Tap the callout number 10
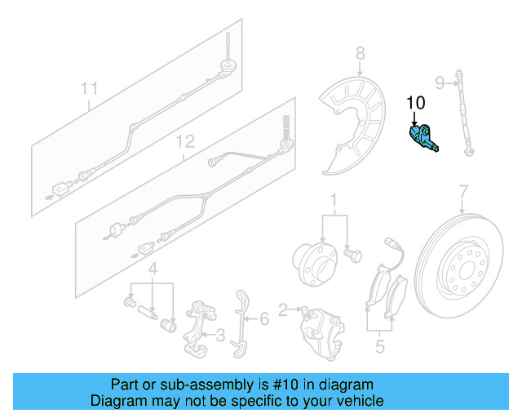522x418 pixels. coord(416,103)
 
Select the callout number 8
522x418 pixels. coord(361,55)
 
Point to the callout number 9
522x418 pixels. coord(439,82)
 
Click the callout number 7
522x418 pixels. coord(463,193)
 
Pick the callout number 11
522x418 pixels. coord(89,88)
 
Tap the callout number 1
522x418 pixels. coord(333,201)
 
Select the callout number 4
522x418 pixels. coord(152,269)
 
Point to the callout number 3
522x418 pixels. coord(219,334)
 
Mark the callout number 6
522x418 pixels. coord(263,319)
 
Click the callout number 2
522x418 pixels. coord(283,309)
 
